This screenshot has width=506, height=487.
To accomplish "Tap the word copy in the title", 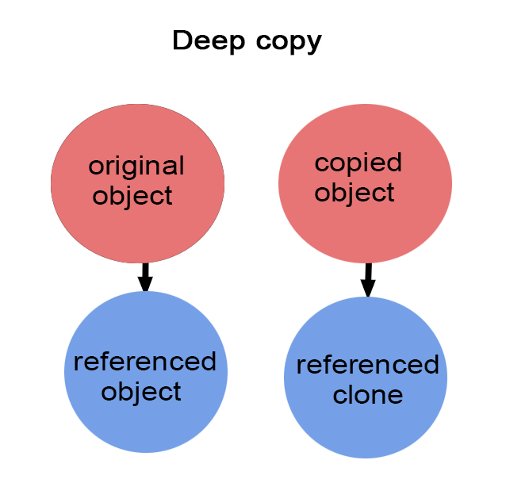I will [285, 41].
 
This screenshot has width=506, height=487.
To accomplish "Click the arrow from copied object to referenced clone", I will [368, 279].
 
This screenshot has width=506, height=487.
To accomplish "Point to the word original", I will [136, 167].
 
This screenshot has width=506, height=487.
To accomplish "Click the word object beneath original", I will [132, 195].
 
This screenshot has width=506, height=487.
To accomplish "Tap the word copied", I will [358, 163].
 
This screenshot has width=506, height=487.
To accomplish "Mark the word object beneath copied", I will [355, 193].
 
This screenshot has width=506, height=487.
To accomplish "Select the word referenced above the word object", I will [144, 362].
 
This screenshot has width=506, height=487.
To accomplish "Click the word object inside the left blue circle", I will [142, 391].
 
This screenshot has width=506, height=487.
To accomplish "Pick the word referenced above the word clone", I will [367, 366].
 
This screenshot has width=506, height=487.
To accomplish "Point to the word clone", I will [368, 394].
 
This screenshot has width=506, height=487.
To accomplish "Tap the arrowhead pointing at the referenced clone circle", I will [368, 289].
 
